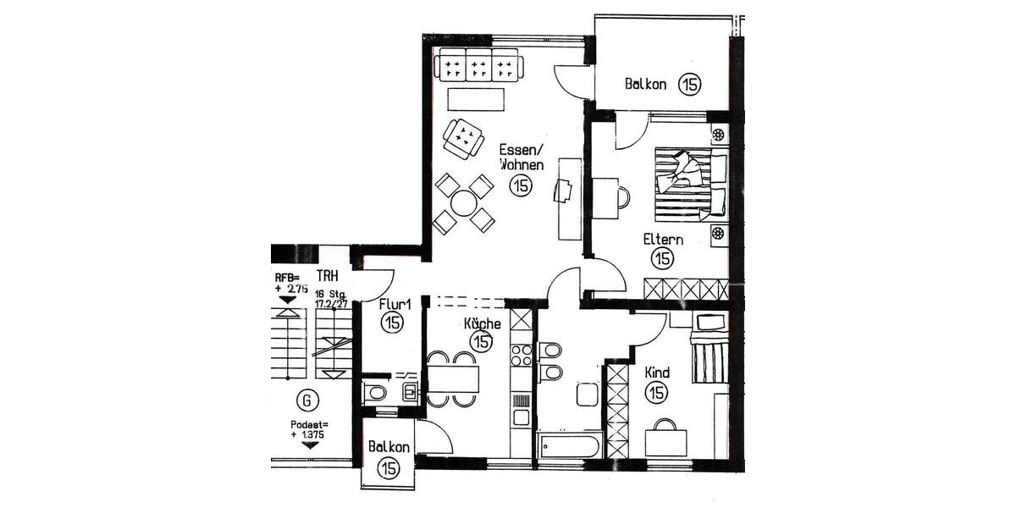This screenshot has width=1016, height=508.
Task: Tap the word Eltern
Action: click(x=662, y=240)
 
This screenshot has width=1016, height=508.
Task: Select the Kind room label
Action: click(x=657, y=373)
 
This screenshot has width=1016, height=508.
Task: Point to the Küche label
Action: click(x=482, y=323)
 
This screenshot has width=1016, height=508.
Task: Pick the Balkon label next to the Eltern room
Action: click(x=646, y=84)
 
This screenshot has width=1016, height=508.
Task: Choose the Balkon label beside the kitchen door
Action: click(x=389, y=447)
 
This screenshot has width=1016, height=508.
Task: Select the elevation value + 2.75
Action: click(x=290, y=289)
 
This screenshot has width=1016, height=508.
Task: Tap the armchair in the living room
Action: click(x=463, y=137)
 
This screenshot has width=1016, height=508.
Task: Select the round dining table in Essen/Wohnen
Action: click(x=464, y=203)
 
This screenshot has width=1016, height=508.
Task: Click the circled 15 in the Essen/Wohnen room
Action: click(x=521, y=187)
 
